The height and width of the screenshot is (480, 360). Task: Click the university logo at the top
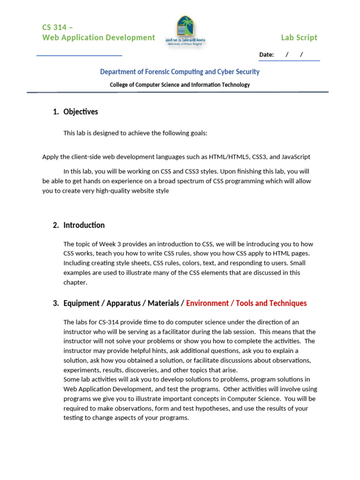pos(185,31)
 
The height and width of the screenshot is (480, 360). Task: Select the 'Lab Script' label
pos(299,37)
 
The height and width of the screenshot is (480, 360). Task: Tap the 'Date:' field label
pos(266,55)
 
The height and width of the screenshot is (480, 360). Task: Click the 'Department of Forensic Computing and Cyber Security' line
pos(180,72)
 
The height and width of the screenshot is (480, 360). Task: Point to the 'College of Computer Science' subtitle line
pos(180,85)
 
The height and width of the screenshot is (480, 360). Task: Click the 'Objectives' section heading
pos(81,112)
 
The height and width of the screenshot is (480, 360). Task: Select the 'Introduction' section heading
pos(84,225)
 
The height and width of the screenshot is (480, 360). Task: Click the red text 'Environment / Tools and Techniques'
pos(246,303)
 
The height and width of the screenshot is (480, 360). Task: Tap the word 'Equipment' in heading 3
pos(81,303)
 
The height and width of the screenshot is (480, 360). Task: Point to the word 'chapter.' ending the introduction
pos(75,282)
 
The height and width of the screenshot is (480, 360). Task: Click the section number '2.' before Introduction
pos(56,225)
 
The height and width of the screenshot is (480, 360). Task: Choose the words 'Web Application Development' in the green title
pos(98,37)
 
